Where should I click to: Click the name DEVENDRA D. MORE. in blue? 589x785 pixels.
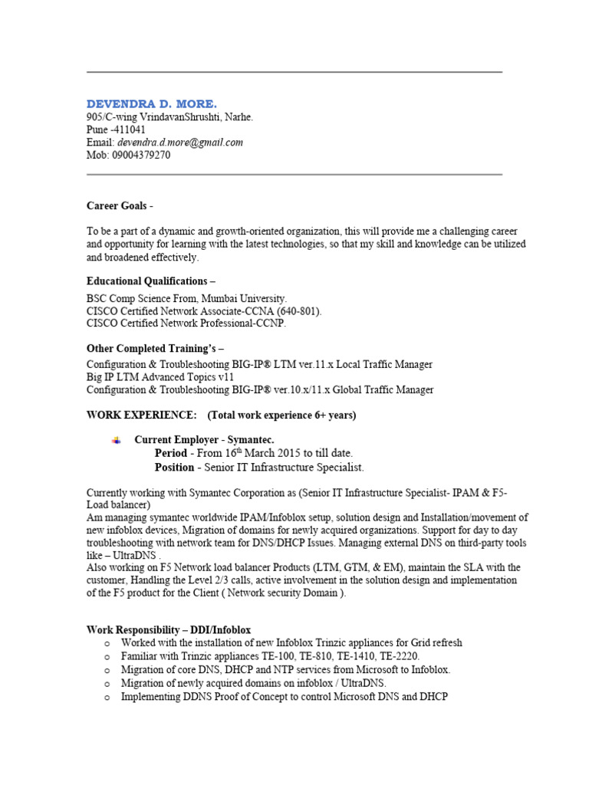(151, 103)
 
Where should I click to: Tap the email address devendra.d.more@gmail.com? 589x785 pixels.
(180, 143)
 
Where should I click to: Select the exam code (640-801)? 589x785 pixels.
(296, 311)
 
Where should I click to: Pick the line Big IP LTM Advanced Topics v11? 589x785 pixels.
(160, 377)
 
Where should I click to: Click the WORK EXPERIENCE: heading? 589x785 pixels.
(141, 415)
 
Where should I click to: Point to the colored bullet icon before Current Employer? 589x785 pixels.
(117, 440)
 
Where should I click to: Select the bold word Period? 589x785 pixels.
(170, 454)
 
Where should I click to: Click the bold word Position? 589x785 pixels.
(174, 468)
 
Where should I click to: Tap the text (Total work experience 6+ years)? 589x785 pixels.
(282, 415)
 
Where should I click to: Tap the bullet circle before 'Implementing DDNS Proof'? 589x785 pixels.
(107, 698)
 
